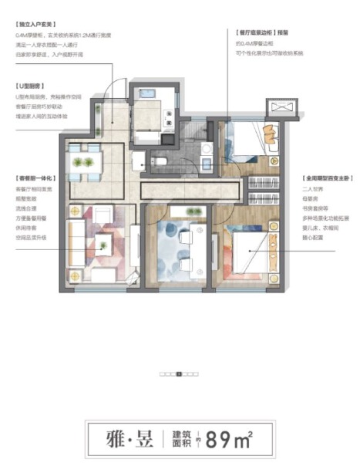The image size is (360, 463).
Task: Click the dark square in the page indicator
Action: click(x=179, y=374)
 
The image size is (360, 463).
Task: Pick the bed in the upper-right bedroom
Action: click(x=251, y=141)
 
